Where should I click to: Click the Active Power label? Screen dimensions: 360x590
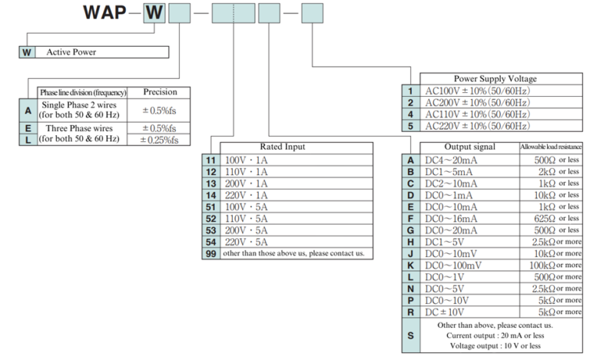click(x=71, y=52)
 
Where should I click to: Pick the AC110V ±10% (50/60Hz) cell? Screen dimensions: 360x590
click(x=477, y=114)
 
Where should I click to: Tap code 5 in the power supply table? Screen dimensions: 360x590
click(x=411, y=125)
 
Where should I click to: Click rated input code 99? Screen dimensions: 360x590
click(x=210, y=253)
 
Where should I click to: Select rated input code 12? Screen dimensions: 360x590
click(x=210, y=173)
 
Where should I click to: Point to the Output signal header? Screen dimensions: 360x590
click(x=470, y=147)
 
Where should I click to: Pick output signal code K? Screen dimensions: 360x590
click(x=410, y=265)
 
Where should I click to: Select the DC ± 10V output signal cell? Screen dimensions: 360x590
click(x=449, y=312)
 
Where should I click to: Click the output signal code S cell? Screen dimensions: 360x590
click(x=410, y=335)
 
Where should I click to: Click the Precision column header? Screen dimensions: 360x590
click(x=159, y=92)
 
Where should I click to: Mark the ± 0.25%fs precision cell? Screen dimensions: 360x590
click(x=159, y=140)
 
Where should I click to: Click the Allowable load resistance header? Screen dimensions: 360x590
click(x=550, y=147)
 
